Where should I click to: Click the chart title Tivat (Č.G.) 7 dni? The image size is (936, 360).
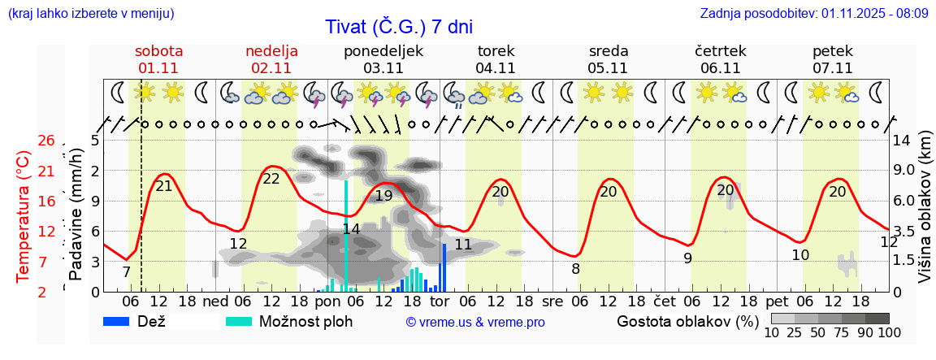[x=398, y=27]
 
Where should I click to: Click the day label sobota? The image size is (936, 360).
[x=158, y=51]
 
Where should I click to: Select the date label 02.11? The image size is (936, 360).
[x=271, y=68]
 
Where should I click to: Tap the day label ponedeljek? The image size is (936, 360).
[x=383, y=51]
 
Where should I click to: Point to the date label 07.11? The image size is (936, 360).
[x=832, y=68]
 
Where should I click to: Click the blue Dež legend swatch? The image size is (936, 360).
[x=122, y=321]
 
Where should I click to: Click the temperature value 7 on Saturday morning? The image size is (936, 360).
[x=126, y=272]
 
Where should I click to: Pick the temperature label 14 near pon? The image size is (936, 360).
[x=351, y=229]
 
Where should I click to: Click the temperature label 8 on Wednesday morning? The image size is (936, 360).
[x=575, y=269]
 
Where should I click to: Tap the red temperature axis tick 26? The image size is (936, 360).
[x=46, y=141]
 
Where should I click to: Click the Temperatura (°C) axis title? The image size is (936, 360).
[x=24, y=217]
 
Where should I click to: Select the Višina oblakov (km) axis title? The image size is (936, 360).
[x=925, y=217]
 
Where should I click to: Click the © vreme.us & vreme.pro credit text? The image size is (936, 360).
[x=474, y=323]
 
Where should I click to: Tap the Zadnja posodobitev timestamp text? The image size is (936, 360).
[x=813, y=14]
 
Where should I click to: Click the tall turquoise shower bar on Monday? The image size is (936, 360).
[x=347, y=236]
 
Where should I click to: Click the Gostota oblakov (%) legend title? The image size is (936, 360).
[x=687, y=321]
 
